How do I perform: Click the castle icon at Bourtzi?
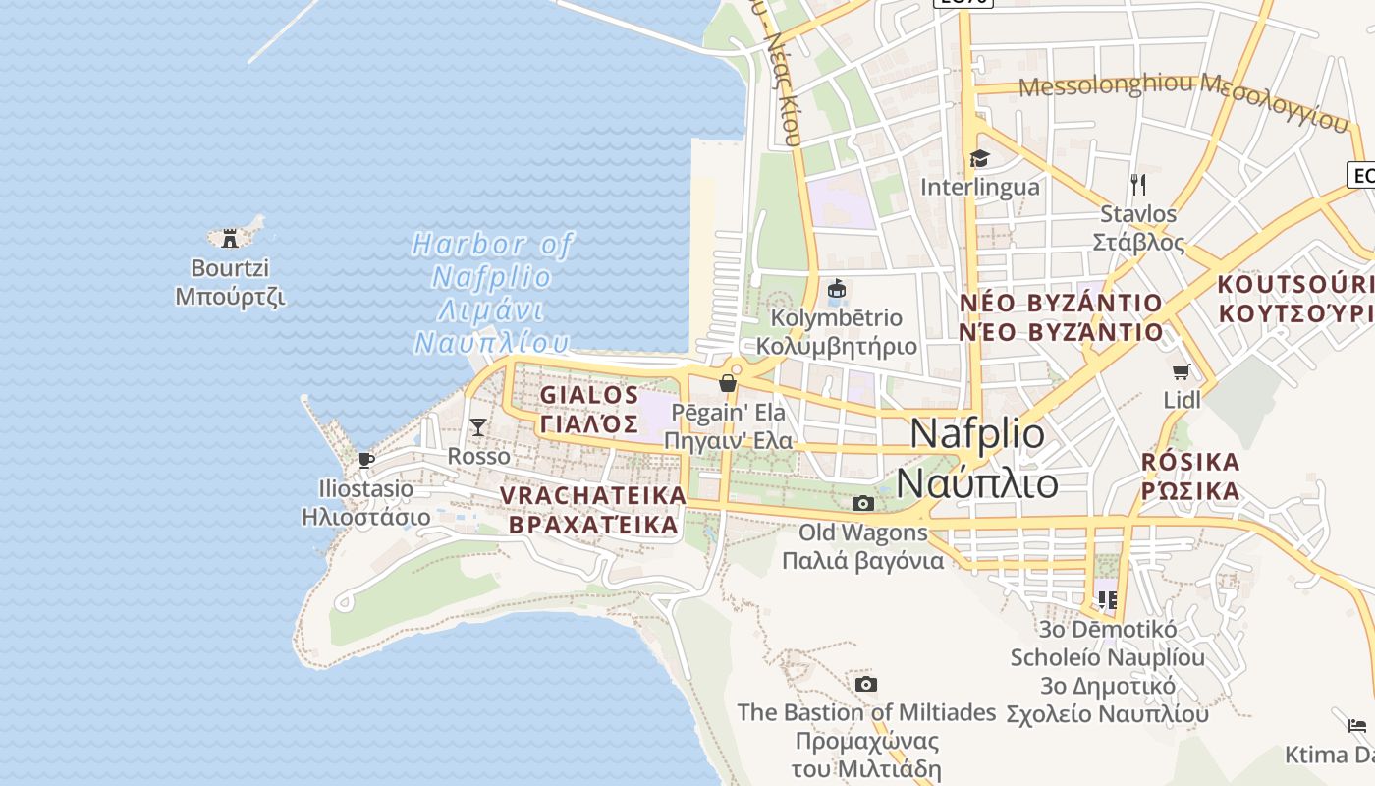tap(230, 237)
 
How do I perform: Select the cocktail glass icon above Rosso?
tap(478, 426)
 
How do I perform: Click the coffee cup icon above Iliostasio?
tap(365, 460)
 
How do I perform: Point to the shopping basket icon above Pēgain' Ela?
tap(728, 383)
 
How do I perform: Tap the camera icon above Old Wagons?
tap(863, 504)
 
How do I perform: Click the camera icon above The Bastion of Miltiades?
tap(865, 684)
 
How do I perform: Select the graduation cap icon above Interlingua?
tap(979, 158)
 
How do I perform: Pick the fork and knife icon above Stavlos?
tap(1138, 184)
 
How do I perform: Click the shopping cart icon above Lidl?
tap(1182, 371)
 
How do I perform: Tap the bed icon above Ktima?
tap(1357, 726)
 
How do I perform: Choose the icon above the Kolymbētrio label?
tap(837, 289)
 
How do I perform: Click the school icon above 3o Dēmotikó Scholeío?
tap(1108, 599)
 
